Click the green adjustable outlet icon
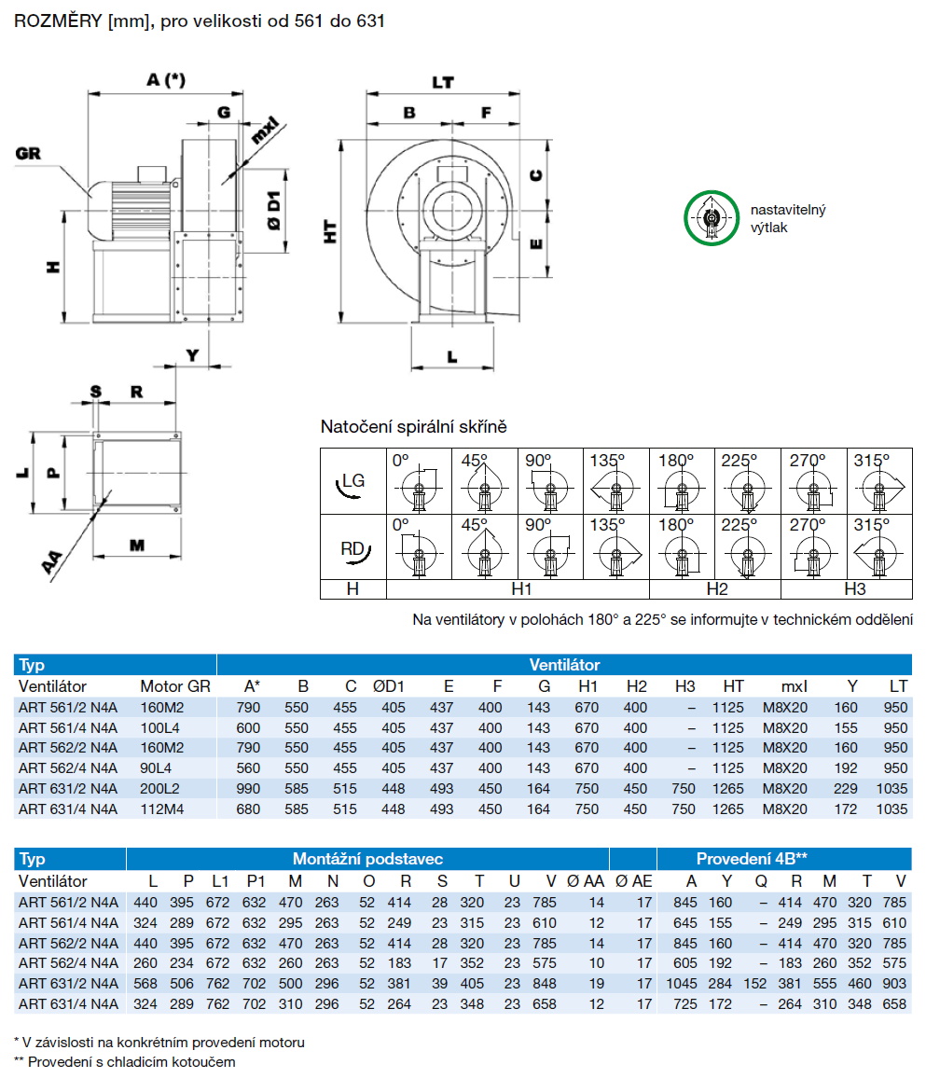(x=712, y=218)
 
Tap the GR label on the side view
(x=29, y=153)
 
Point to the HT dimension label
(x=330, y=232)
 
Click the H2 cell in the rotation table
(x=715, y=589)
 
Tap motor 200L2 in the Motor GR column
(x=159, y=788)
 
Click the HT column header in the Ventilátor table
(x=733, y=686)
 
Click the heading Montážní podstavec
(x=367, y=859)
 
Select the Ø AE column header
(x=643, y=881)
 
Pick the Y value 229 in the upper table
(x=846, y=788)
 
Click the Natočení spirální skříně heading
(x=413, y=427)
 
